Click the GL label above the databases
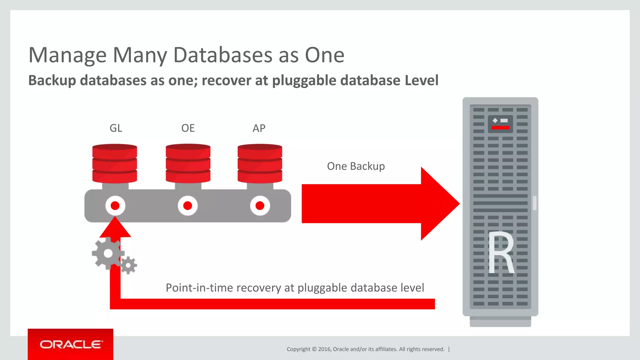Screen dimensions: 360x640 116,128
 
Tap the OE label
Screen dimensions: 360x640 188,128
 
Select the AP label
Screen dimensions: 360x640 259,128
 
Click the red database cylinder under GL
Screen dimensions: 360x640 115,163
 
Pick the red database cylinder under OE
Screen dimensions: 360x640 188,163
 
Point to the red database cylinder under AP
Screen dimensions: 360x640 260,163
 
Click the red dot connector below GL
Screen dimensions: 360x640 115,206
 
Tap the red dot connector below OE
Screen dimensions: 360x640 187,206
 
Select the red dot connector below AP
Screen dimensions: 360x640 260,206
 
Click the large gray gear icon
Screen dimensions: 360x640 108,253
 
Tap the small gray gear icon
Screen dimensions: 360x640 128,266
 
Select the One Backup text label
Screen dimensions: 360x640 356,166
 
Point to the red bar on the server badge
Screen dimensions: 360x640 500,127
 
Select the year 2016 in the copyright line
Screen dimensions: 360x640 325,349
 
